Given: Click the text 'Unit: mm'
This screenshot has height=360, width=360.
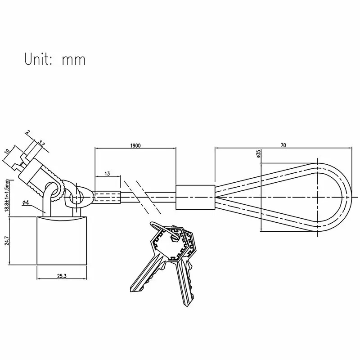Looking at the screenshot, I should (54, 59).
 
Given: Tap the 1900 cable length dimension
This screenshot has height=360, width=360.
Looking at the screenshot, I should (135, 146).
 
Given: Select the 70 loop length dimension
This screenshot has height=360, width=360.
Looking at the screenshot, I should (283, 145).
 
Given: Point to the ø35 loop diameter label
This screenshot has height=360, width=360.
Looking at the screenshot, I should (259, 154).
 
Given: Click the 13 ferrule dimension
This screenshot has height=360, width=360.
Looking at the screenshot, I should (107, 174).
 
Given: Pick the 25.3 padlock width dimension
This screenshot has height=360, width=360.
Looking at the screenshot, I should (61, 275).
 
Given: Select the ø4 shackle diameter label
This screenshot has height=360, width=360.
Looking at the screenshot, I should (26, 202).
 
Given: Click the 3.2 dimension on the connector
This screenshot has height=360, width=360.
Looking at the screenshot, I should (42, 144).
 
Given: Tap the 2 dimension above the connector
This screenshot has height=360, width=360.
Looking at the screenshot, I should (28, 133).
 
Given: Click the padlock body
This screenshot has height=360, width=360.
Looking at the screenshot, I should (61, 241).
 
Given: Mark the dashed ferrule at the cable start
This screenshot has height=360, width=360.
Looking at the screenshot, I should (107, 197).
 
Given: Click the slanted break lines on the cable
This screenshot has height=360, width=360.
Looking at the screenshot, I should (142, 197).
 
